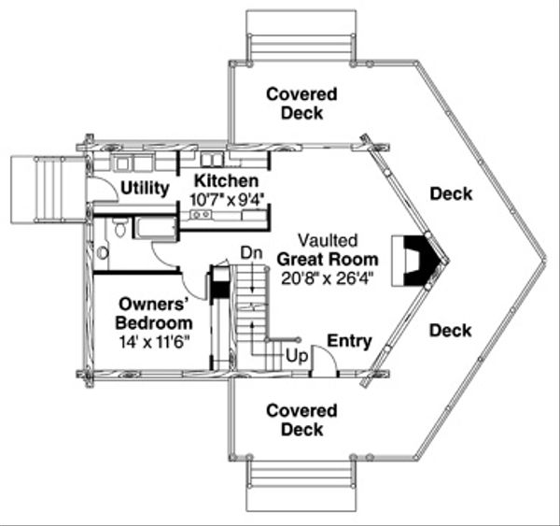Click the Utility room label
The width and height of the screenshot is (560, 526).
click(145, 188)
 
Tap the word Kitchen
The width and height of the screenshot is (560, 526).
click(226, 180)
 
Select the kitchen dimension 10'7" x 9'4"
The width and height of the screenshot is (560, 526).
click(229, 200)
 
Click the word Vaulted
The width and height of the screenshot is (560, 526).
click(328, 240)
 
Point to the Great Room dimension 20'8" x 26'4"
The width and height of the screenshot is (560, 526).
click(328, 278)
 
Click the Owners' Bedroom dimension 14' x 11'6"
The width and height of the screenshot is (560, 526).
click(154, 342)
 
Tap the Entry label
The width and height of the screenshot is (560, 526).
click(349, 341)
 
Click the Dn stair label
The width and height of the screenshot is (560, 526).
click(251, 253)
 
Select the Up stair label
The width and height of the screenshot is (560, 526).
click(297, 356)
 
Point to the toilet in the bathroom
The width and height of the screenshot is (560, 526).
click(120, 227)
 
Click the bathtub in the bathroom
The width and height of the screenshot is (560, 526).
click(156, 227)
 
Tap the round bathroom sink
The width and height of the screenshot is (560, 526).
click(103, 253)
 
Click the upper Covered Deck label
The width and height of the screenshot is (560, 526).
click(301, 104)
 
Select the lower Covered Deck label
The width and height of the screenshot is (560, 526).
click(301, 419)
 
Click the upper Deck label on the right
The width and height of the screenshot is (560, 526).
click(451, 193)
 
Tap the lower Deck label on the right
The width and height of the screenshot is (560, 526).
click(451, 331)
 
